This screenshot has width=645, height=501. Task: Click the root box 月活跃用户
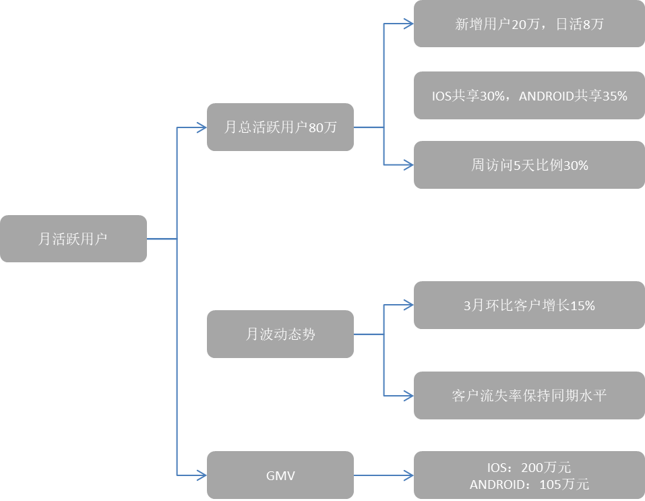pos(73,239)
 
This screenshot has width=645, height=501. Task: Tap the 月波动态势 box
pos(280,334)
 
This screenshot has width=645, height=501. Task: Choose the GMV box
pos(280,475)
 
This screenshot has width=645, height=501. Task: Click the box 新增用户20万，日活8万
pos(528,24)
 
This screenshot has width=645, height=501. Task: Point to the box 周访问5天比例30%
pos(528,165)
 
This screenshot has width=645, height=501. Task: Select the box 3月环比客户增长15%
pos(528,305)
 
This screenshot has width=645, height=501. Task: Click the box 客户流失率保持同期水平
pos(528,395)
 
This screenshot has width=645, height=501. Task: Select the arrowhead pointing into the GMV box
pos(202,475)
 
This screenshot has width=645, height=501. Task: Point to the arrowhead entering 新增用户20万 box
pos(408,24)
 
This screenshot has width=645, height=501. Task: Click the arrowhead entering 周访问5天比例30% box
pos(408,165)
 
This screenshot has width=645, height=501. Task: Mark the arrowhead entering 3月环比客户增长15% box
pos(408,305)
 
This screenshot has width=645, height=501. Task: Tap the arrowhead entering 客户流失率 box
pos(408,395)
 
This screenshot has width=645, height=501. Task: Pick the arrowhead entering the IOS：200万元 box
pos(408,475)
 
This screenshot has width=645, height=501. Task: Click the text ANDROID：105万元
pos(528,484)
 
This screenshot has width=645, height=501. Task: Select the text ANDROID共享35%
pos(573,96)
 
